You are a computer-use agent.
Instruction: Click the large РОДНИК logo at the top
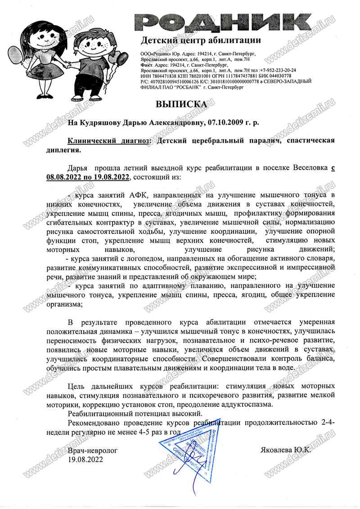coord(224,23)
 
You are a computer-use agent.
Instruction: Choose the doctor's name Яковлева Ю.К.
coord(286,450)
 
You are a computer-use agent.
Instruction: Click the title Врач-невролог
coord(93,450)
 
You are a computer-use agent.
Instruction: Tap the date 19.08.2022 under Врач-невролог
coord(85,459)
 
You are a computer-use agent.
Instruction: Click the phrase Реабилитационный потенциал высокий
coord(135,413)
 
